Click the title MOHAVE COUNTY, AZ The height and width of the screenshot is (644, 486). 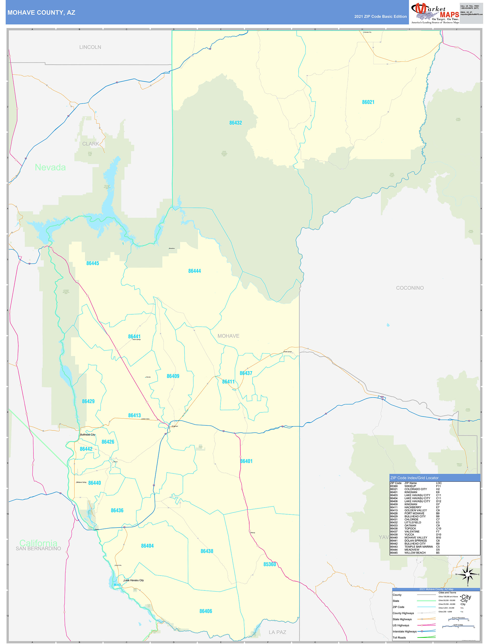[x=41, y=13]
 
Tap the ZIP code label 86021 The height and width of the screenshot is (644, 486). [x=368, y=102]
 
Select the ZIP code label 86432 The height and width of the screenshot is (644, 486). [x=235, y=123]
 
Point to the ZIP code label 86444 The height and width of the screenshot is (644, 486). [x=194, y=271]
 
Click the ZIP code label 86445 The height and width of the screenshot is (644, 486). [x=93, y=263]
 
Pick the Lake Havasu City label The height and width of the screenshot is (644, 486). [x=134, y=580]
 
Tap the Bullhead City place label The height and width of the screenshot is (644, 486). [x=88, y=435]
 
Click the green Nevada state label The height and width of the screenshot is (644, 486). [x=50, y=167]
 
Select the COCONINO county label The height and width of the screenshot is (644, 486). [x=410, y=288]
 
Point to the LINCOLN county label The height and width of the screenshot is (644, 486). [x=90, y=47]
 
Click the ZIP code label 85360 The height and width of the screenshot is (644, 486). [x=269, y=564]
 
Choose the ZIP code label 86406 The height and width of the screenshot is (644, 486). [x=206, y=611]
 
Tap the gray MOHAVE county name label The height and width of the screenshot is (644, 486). [x=229, y=336]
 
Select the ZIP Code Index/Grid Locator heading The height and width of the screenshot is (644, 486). [x=414, y=478]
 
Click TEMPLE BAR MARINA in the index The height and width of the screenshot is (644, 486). [x=418, y=547]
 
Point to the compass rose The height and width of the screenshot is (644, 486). [x=468, y=574]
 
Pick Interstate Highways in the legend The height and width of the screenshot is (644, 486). [x=405, y=631]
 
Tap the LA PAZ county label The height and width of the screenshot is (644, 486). [x=277, y=632]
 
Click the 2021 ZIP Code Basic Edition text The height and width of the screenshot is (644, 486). [x=380, y=17]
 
